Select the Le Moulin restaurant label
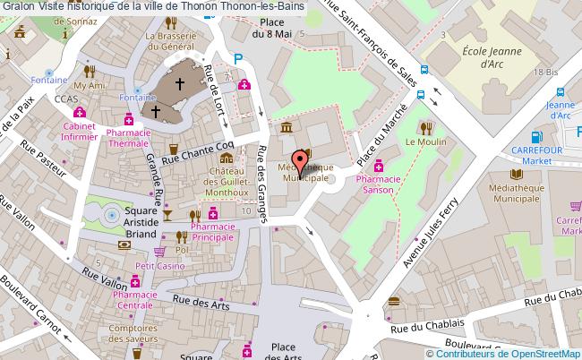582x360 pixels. (x=424, y=141)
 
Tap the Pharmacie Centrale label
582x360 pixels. (x=134, y=300)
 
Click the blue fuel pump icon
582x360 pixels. (x=536, y=138)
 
